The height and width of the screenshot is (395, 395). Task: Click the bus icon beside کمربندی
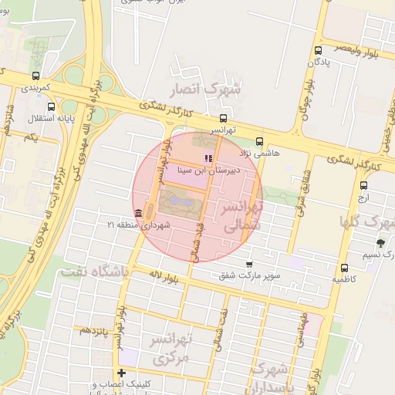(35, 76)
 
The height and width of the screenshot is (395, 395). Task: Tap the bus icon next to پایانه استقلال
(52, 107)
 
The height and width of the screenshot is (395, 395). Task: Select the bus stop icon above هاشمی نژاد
(259, 142)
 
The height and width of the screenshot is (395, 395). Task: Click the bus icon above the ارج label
(363, 184)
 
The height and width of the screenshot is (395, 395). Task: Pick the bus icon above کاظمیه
(344, 268)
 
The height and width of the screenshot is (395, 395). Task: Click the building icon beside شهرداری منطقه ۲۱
(137, 213)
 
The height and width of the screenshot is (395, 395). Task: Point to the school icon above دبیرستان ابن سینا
(208, 158)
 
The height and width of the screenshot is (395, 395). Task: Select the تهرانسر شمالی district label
(242, 217)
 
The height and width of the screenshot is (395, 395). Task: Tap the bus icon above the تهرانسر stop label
(223, 119)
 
